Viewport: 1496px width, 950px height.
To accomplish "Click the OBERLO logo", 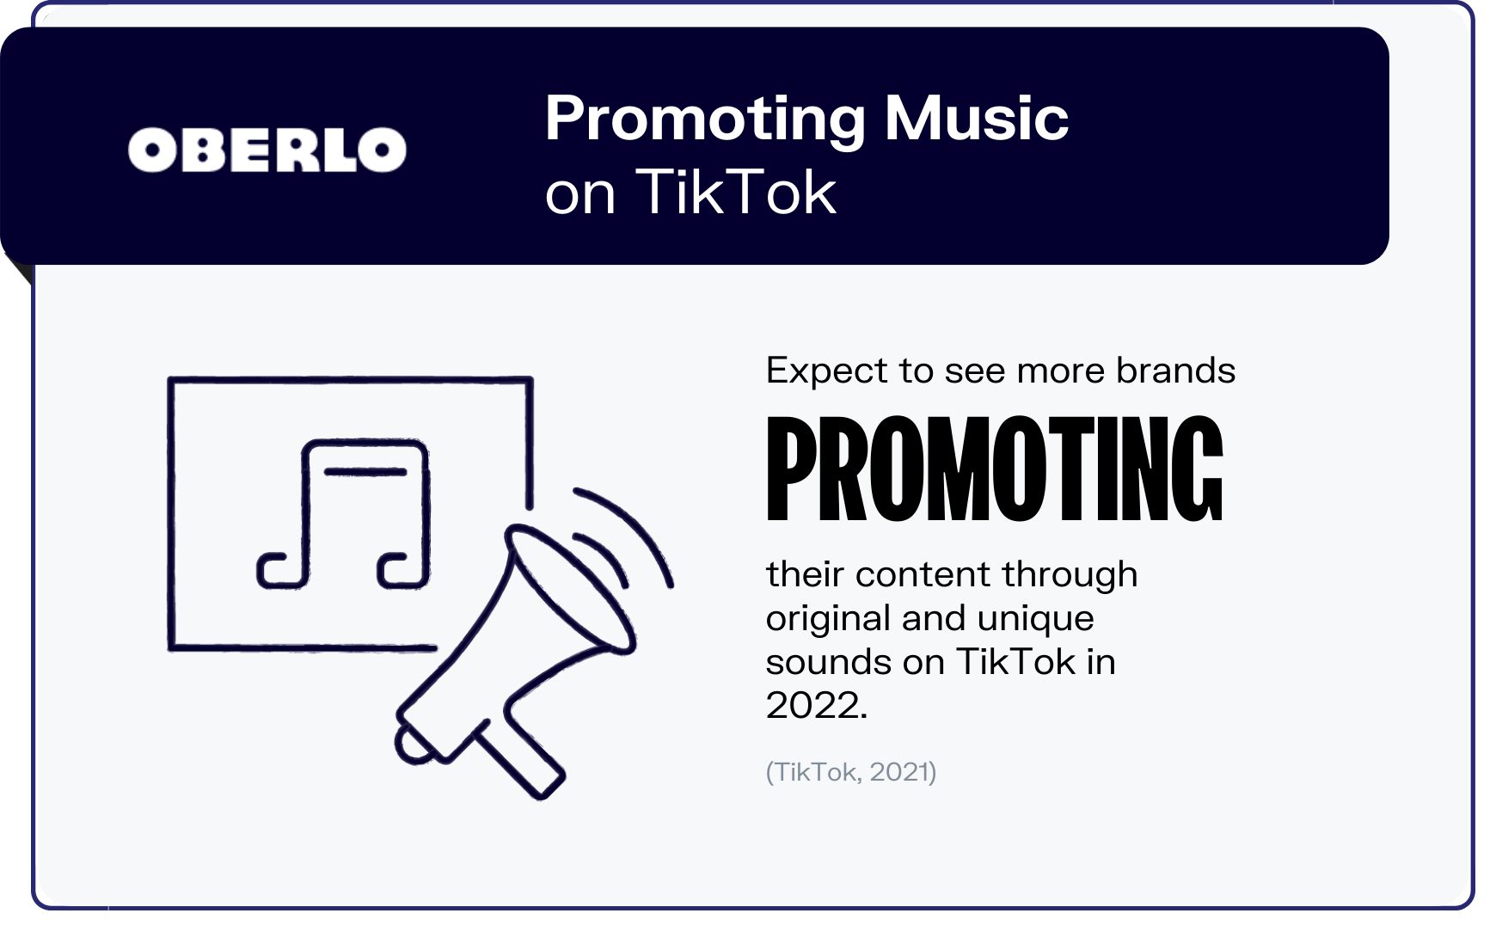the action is click(267, 150).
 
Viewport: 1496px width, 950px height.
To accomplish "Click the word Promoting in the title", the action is click(705, 120).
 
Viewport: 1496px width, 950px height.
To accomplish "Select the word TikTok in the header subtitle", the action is click(736, 191).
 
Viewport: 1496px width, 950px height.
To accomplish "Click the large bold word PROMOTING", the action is click(994, 469).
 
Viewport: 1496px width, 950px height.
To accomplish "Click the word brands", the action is click(1175, 370).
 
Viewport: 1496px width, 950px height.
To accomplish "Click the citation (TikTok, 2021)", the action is click(851, 772).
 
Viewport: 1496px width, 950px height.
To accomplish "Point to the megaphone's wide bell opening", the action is click(569, 588).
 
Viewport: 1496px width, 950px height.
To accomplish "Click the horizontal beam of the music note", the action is click(365, 471).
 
